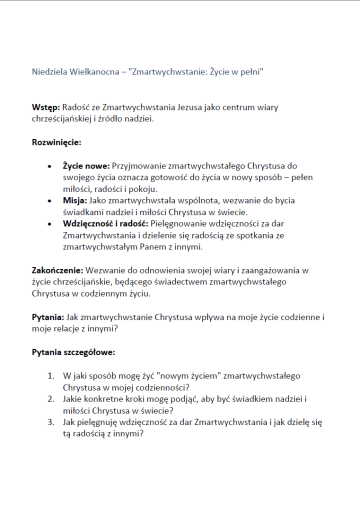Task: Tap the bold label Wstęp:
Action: coord(45,107)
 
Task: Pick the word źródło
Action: coord(116,119)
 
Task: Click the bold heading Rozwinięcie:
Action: coord(56,142)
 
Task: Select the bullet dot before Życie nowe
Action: coord(49,165)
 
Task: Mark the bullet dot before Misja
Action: coord(49,200)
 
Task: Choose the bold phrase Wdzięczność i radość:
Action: coord(105,223)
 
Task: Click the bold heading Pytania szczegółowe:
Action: coord(73,352)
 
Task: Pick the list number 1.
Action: coord(50,375)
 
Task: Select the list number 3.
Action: coord(50,422)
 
